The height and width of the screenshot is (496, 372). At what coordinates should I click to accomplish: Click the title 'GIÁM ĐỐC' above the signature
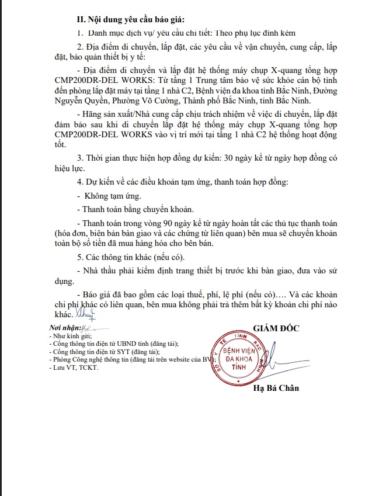(276, 328)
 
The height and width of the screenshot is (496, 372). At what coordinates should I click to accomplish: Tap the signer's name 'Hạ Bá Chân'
(276, 388)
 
